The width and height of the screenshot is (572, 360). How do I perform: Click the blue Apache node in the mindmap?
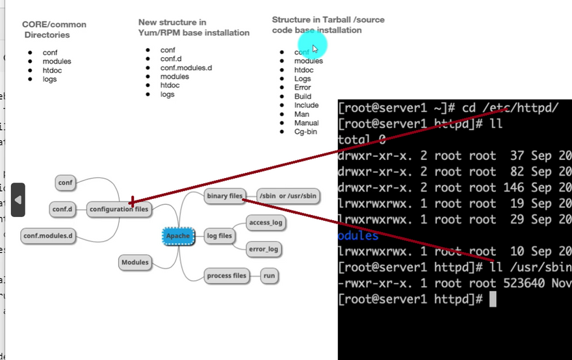pyautogui.click(x=177, y=236)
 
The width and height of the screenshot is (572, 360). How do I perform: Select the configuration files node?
pyautogui.click(x=119, y=209)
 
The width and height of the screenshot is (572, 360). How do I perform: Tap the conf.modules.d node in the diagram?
pyautogui.click(x=49, y=235)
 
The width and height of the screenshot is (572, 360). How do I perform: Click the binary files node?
pyautogui.click(x=224, y=196)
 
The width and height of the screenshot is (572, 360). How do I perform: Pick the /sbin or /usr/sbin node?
pyautogui.click(x=288, y=196)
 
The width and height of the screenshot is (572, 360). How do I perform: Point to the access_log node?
pyautogui.click(x=266, y=223)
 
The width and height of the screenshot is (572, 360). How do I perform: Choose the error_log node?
pyautogui.click(x=263, y=249)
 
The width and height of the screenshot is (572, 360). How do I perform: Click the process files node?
pyautogui.click(x=227, y=276)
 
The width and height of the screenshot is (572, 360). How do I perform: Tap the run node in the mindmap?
pyautogui.click(x=269, y=276)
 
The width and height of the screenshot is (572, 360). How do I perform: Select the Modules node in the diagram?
pyautogui.click(x=135, y=263)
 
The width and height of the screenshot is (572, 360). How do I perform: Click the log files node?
pyautogui.click(x=220, y=236)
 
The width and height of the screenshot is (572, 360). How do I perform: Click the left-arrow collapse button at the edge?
pyautogui.click(x=18, y=200)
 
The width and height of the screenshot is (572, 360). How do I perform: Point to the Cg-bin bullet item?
pyautogui.click(x=306, y=132)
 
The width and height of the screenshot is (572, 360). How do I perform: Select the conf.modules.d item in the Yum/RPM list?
pyautogui.click(x=186, y=68)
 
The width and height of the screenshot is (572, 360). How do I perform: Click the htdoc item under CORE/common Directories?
pyautogui.click(x=52, y=70)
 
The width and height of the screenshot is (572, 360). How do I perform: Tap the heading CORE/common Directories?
pyautogui.click(x=54, y=29)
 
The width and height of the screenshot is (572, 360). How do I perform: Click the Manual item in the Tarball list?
pyautogui.click(x=306, y=123)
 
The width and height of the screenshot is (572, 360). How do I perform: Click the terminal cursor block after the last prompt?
pyautogui.click(x=493, y=299)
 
